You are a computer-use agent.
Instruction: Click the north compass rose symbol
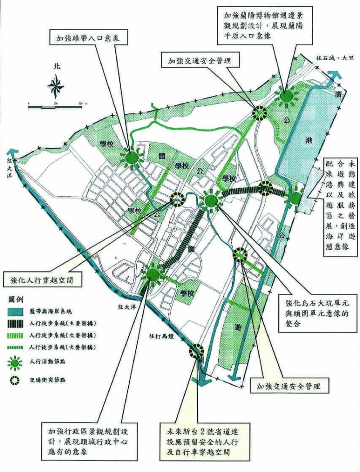[56, 86]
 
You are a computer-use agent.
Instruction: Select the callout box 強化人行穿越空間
[43, 279]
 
